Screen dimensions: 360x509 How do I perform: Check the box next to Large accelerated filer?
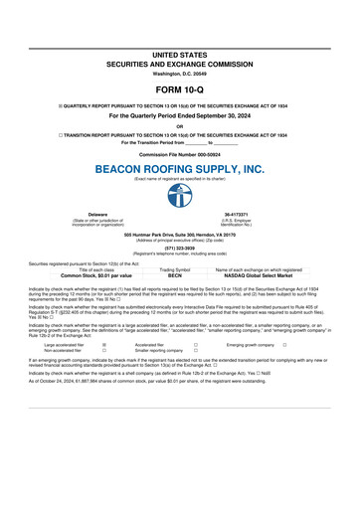point(105,345)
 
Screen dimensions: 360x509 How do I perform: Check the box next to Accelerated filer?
point(197,345)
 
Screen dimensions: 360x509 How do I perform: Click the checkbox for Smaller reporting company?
point(197,351)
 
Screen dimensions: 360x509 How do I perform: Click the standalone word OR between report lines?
point(180,125)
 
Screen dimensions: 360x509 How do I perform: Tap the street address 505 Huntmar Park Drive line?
point(180,234)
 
